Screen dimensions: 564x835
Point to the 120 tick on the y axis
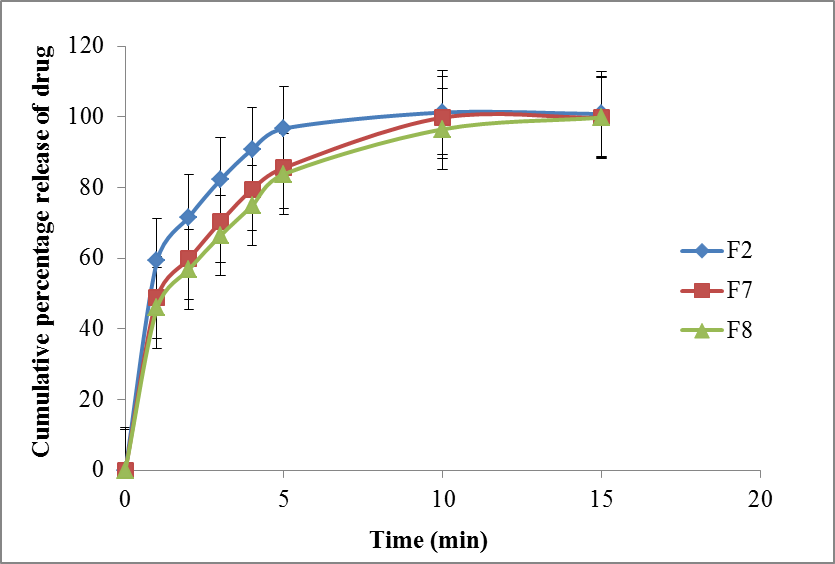(85, 46)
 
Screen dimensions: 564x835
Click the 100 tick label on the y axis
(85, 117)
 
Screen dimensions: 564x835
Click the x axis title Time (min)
(428, 541)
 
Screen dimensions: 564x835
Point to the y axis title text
(41, 258)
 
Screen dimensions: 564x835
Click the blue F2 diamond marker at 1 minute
(156, 260)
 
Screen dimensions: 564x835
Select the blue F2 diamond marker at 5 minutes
(283, 128)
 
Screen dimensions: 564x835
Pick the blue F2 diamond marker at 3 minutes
(220, 179)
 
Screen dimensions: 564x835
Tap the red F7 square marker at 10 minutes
(442, 117)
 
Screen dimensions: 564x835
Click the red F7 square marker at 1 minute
(156, 297)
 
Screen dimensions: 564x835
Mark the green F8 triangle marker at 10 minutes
(442, 129)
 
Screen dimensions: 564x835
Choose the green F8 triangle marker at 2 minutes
(188, 269)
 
